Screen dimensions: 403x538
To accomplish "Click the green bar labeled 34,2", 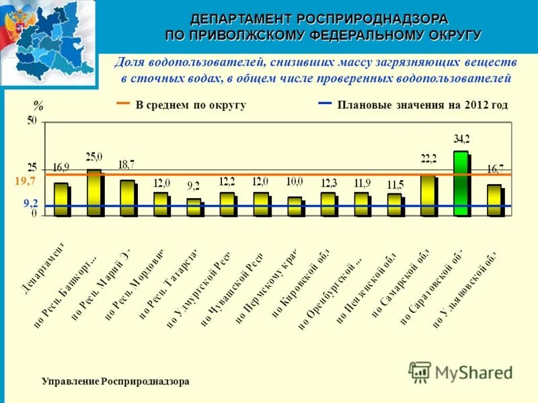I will pyautogui.click(x=461, y=183).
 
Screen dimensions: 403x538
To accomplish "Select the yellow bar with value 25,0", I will pyautogui.click(x=94, y=192).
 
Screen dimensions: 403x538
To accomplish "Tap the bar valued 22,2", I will pyautogui.click(x=428, y=195).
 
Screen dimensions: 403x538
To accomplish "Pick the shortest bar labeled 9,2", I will pyautogui.click(x=194, y=207).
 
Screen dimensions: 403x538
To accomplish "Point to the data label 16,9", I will pyautogui.click(x=61, y=167).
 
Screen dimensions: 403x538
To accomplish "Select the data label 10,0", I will pyautogui.click(x=294, y=181).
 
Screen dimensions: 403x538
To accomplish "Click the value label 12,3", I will pyautogui.click(x=328, y=181).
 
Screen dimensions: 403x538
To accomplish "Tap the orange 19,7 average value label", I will pyautogui.click(x=25, y=181).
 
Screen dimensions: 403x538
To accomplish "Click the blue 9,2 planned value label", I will pyautogui.click(x=30, y=201).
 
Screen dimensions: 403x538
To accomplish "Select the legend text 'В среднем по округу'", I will pyautogui.click(x=191, y=105).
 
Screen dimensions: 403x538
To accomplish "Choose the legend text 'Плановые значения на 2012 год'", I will pyautogui.click(x=422, y=105).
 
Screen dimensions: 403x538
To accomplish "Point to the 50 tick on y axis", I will pyautogui.click(x=32, y=122).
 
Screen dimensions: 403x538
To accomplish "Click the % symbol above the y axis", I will pyautogui.click(x=38, y=106).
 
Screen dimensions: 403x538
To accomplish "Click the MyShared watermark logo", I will pyautogui.click(x=460, y=371).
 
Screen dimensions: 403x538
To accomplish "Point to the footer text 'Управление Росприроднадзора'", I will pyautogui.click(x=116, y=382).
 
